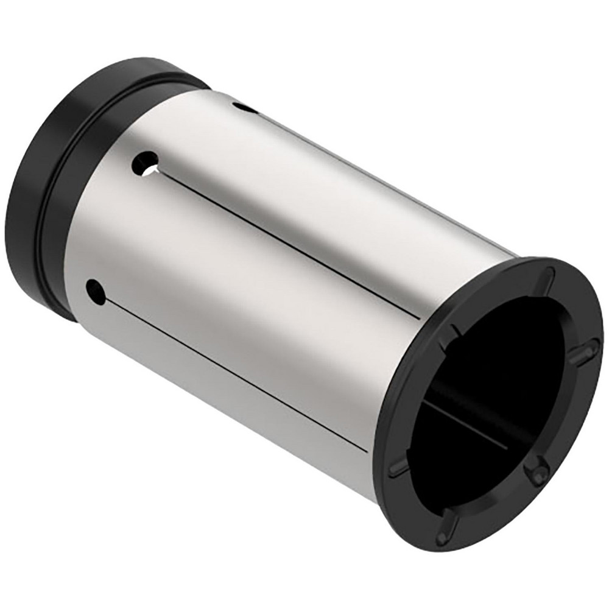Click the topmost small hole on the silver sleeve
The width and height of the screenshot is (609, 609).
[245, 108]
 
